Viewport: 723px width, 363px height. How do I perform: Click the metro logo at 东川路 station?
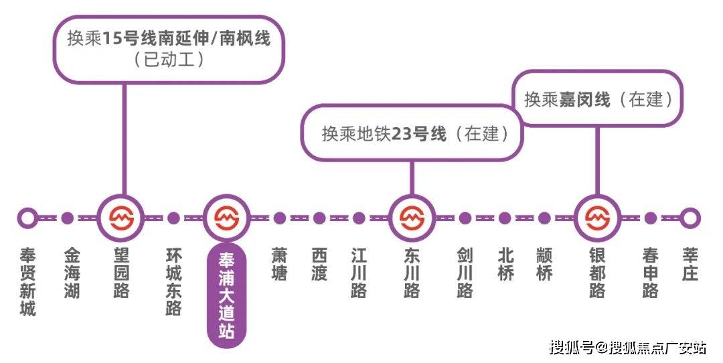point(412,218)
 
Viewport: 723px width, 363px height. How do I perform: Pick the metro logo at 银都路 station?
point(598,218)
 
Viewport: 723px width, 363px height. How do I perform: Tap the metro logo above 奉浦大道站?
point(226,218)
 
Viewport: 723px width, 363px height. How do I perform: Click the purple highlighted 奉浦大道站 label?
point(226,295)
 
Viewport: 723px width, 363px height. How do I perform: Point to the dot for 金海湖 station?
point(68,218)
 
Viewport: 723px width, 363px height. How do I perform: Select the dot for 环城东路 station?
point(173,218)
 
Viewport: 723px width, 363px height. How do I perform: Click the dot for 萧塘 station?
point(279,218)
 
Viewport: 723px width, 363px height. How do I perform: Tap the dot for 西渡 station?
point(319,218)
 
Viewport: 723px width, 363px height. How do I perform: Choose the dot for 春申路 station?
point(650,218)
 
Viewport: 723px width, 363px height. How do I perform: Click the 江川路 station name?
point(359,273)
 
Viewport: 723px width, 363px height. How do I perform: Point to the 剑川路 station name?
point(465,273)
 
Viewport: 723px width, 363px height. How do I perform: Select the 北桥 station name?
point(505,265)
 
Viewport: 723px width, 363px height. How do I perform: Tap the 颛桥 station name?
point(544,265)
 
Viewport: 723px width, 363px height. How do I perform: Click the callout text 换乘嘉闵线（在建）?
point(599,99)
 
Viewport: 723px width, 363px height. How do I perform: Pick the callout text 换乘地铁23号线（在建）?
point(416,134)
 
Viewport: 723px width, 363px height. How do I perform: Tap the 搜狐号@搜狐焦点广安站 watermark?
point(627,347)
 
